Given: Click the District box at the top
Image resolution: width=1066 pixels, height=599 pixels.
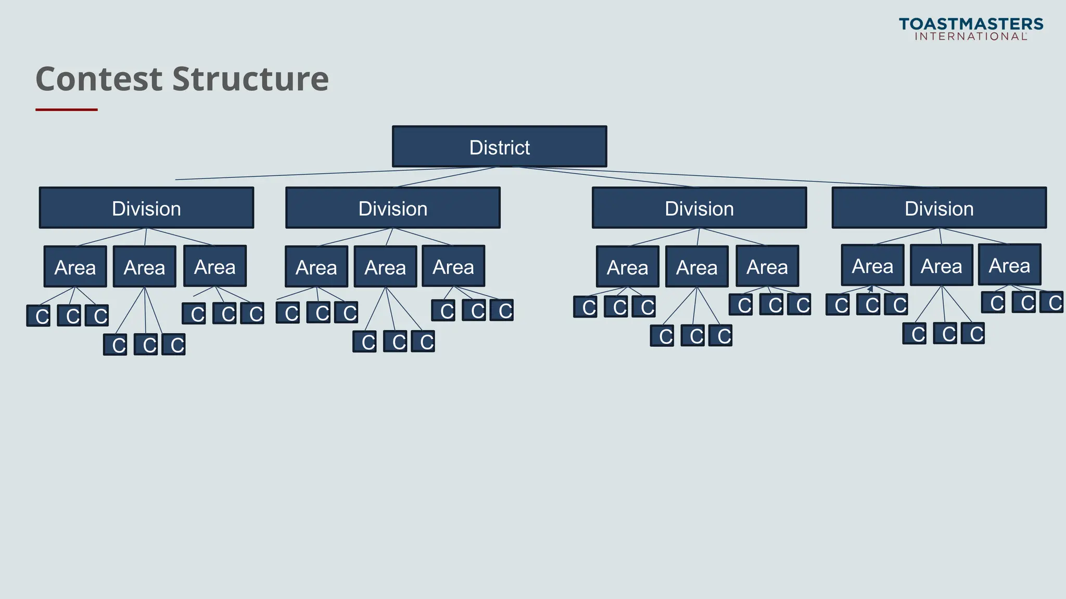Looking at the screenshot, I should (x=499, y=147).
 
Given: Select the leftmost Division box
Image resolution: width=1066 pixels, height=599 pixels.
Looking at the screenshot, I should (x=146, y=208).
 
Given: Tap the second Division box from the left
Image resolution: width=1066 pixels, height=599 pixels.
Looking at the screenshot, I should (x=392, y=208).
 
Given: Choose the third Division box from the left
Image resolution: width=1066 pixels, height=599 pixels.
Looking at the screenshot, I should (x=699, y=208).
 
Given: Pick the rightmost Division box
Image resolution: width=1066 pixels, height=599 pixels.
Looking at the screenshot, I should (x=939, y=208).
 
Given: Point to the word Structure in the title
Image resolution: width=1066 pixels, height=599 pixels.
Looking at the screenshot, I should (x=250, y=79).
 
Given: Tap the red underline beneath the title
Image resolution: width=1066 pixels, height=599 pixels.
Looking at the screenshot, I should (x=67, y=110).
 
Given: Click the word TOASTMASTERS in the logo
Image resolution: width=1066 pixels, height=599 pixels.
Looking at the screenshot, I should (x=971, y=24).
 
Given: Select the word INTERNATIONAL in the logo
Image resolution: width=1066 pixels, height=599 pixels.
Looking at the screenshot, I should (x=971, y=36).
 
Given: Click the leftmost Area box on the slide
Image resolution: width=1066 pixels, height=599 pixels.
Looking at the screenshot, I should (x=75, y=267).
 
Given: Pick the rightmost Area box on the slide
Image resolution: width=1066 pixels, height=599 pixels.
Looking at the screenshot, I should (x=1009, y=265).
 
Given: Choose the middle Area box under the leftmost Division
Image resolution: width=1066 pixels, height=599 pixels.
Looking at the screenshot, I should (x=144, y=267).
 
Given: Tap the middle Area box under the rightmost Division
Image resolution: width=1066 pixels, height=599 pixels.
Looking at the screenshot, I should (x=941, y=265).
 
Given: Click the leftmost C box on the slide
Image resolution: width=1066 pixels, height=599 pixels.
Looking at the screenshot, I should (x=39, y=316).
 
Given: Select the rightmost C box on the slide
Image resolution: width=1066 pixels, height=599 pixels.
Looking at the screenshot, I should (x=1052, y=302).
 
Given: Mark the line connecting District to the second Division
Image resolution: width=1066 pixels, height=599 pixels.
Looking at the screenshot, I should (x=448, y=177).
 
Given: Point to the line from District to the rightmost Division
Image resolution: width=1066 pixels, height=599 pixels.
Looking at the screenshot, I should (x=729, y=177).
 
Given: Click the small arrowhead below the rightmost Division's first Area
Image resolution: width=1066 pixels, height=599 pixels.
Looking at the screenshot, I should (x=871, y=289).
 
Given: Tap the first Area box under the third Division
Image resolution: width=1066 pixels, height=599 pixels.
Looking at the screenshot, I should (x=627, y=267).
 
